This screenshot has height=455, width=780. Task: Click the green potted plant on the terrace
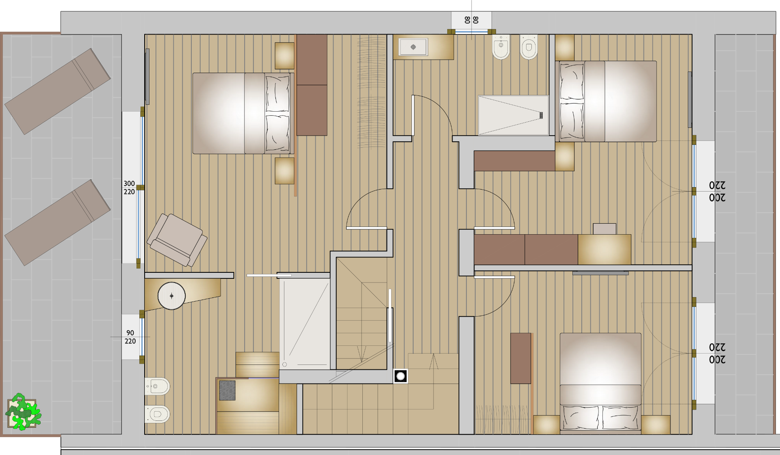[23, 412]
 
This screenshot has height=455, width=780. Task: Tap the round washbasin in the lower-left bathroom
[171, 296]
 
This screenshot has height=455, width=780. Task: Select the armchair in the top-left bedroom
[177, 240]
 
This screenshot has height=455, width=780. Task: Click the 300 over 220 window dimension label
[129, 188]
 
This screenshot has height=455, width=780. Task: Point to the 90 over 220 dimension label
[130, 337]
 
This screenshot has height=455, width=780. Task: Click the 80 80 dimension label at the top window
[471, 20]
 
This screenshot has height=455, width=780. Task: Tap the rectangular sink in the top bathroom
[413, 47]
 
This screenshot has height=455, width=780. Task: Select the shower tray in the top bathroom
[513, 115]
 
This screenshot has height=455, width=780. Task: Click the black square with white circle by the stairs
[401, 376]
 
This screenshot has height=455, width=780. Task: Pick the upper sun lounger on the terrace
[58, 91]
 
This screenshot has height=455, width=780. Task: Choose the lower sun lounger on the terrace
[58, 222]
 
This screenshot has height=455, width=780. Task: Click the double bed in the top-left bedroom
[243, 113]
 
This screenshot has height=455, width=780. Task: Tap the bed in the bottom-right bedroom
[600, 382]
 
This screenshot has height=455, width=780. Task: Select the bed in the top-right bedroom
[606, 101]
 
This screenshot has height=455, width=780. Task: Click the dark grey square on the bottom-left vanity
[227, 390]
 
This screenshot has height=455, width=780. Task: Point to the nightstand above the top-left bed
[284, 56]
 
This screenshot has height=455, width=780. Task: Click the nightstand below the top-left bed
[284, 171]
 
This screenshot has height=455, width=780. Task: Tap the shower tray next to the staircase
[304, 323]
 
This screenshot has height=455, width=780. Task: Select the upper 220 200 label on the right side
[717, 192]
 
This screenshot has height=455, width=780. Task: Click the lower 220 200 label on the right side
[717, 354]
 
